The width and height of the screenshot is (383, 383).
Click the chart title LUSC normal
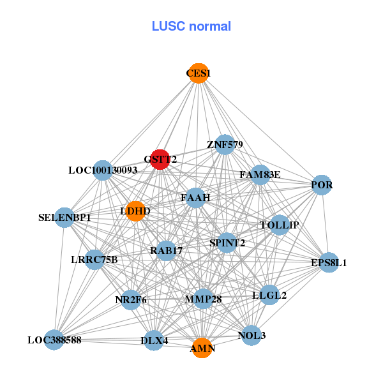191,26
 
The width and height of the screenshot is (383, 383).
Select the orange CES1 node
199,73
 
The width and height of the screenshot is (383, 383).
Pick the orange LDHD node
135,211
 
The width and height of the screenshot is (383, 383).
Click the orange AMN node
202,348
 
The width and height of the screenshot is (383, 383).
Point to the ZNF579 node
224,145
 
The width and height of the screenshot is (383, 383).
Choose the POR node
322,185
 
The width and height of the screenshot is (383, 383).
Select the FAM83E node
260,174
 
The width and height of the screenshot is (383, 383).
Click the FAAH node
195,198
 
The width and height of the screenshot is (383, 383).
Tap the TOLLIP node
280,225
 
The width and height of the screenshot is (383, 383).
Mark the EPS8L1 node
329,262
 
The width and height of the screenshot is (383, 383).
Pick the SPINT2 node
227,243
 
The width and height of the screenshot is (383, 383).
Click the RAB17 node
166,251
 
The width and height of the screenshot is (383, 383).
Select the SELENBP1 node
64,218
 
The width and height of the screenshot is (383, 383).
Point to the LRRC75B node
94,259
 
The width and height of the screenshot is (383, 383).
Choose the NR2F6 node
131,299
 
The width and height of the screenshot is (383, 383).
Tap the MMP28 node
203,299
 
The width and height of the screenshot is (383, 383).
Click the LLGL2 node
269,295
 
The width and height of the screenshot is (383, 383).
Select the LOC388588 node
54,340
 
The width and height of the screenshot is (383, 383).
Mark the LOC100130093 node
103,170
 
